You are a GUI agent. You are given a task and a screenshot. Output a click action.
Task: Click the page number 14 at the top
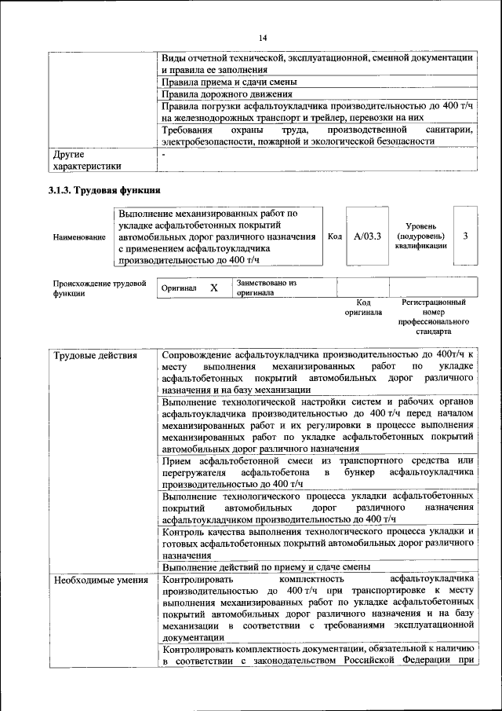point(264,37)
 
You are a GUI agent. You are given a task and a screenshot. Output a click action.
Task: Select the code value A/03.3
point(367,236)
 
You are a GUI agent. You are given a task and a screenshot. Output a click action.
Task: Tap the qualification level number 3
point(465,236)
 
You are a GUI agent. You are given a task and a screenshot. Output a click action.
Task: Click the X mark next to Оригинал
point(213,288)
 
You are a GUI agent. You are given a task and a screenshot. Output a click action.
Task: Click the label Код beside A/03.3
point(334,236)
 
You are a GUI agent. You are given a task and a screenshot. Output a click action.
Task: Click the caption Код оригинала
point(363,307)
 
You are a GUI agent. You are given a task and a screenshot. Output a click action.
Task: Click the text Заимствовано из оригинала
point(267,288)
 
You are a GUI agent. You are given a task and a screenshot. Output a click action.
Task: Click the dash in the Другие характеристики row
point(163,155)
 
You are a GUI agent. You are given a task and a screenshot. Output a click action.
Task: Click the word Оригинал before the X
point(179,288)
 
